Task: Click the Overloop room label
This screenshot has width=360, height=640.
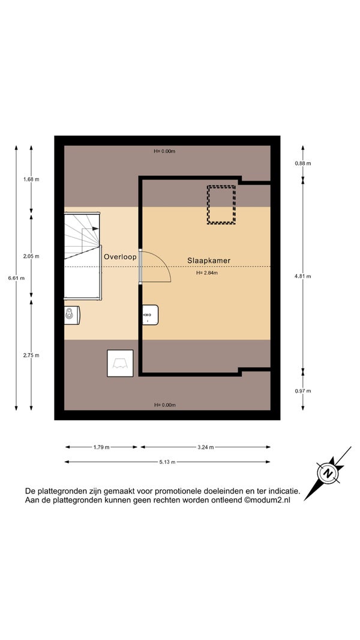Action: [x=120, y=257]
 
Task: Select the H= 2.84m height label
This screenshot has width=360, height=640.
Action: [x=207, y=273]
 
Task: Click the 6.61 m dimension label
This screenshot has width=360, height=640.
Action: [x=16, y=279]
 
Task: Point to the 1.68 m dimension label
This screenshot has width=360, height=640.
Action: [x=31, y=179]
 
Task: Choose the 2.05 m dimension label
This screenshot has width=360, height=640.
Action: [x=31, y=256]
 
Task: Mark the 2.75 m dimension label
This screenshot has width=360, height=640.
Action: [x=31, y=355]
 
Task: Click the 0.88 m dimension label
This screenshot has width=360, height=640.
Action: [x=303, y=163]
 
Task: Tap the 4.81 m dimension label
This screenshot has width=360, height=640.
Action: [x=303, y=276]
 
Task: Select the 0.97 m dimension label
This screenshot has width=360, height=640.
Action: [x=303, y=391]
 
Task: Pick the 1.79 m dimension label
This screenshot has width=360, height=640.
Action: [x=101, y=447]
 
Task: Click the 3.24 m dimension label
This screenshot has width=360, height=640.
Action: [x=205, y=447]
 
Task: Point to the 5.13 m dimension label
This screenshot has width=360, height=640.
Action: [x=167, y=462]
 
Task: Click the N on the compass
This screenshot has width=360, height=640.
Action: [x=328, y=474]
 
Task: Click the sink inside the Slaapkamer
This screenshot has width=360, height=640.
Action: [x=150, y=315]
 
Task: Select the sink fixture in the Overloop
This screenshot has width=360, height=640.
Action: [x=72, y=314]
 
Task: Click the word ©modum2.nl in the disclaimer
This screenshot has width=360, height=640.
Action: [x=267, y=500]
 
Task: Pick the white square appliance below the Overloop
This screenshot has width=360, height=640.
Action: [x=120, y=363]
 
